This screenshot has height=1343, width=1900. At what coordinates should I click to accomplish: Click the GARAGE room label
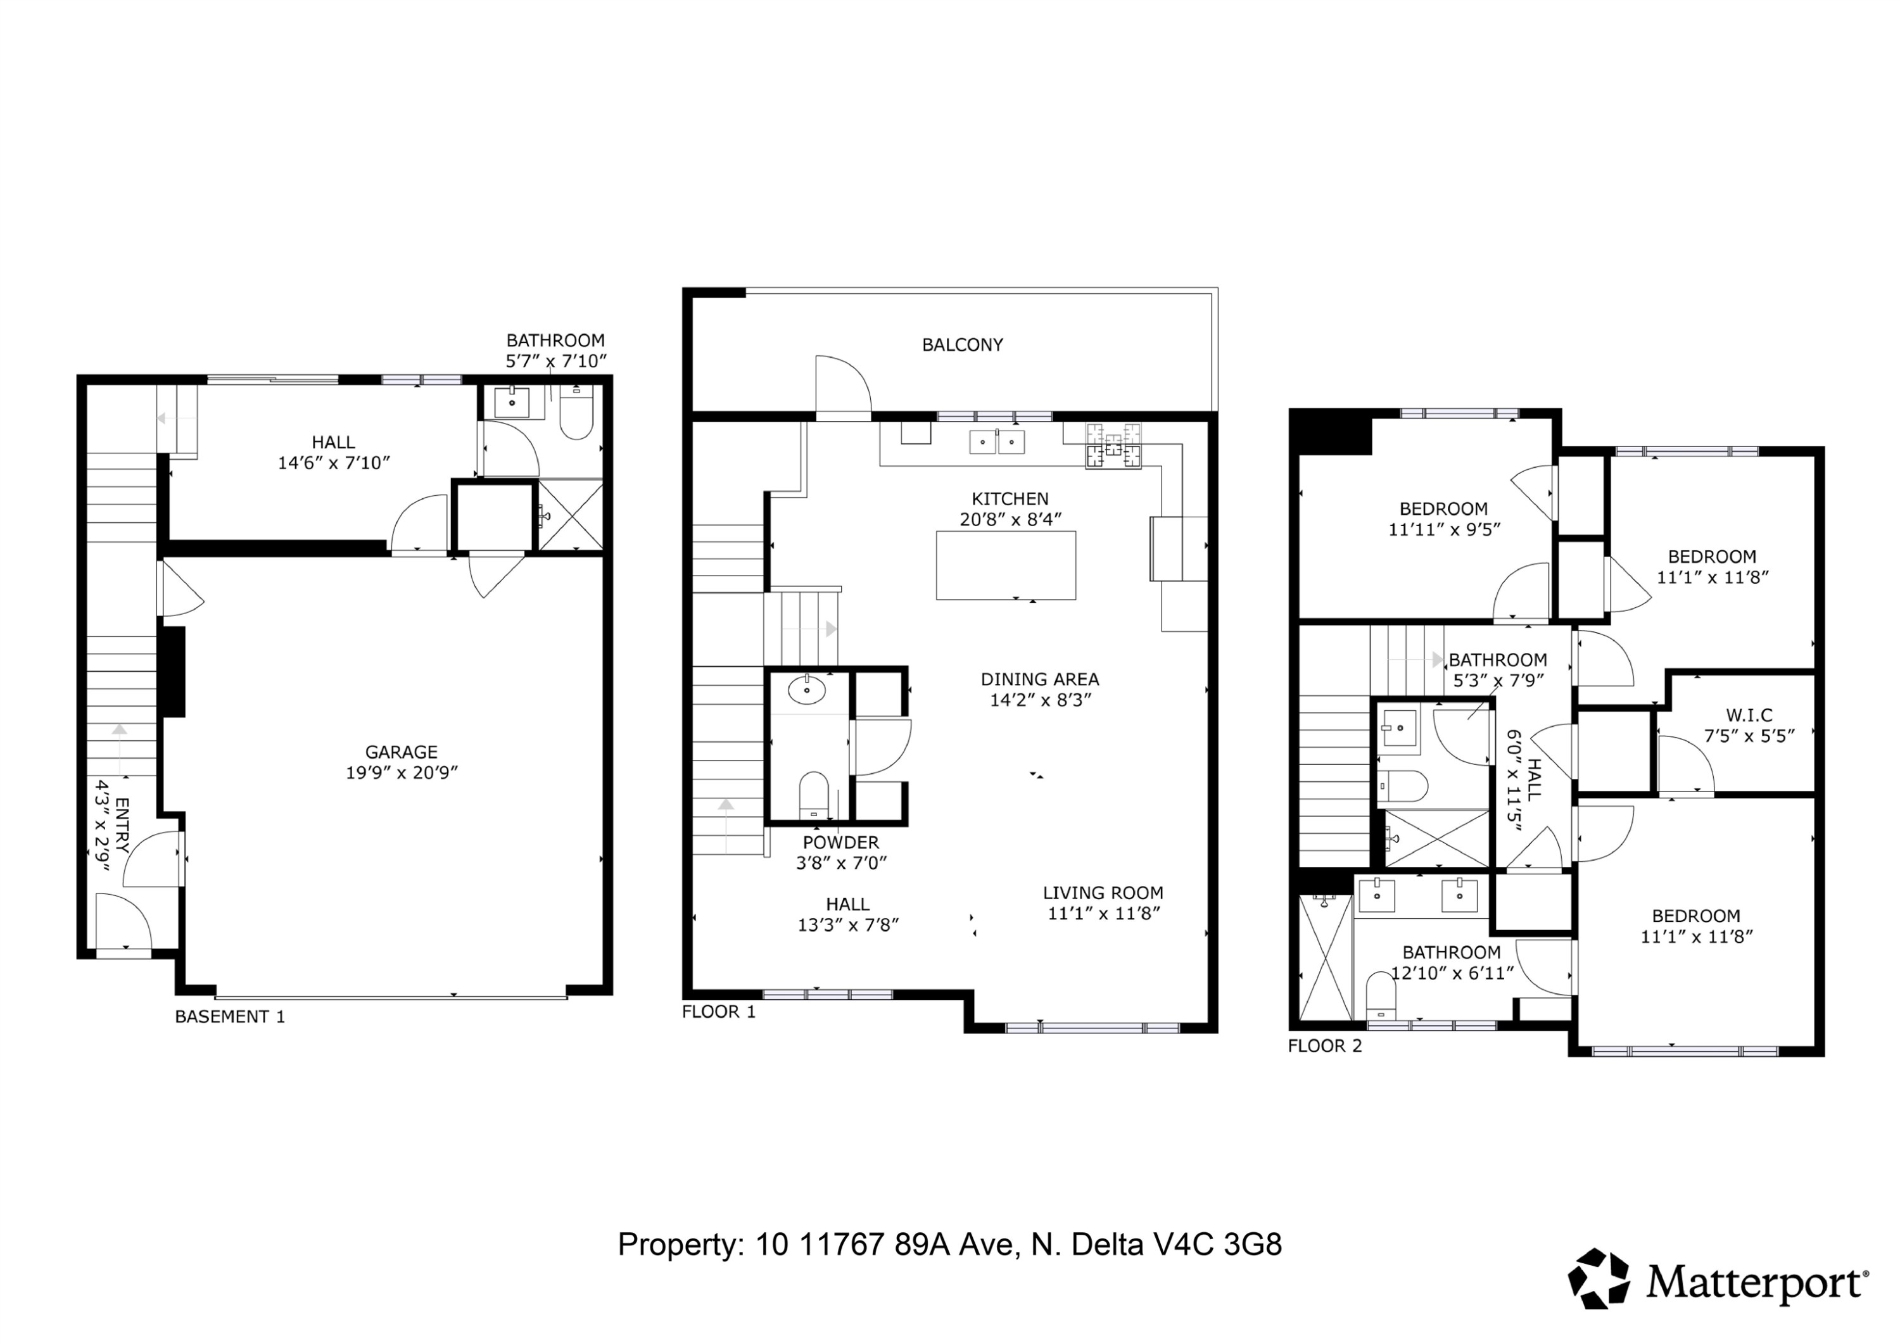pyautogui.click(x=402, y=752)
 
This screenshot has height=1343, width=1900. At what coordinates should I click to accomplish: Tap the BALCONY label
pyautogui.click(x=963, y=345)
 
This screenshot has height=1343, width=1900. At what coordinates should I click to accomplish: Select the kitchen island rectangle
pyautogui.click(x=1006, y=565)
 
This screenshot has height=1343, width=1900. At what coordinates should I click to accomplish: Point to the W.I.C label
pyautogui.click(x=1749, y=715)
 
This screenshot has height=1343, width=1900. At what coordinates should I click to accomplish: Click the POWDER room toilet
pyautogui.click(x=813, y=795)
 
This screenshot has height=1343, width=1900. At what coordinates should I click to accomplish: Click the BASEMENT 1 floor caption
pyautogui.click(x=230, y=1017)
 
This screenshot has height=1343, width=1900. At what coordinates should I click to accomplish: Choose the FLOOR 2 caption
pyautogui.click(x=1325, y=1046)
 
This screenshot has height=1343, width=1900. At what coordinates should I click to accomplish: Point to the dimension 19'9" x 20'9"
pyautogui.click(x=402, y=773)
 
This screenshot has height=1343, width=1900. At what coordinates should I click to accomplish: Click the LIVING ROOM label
pyautogui.click(x=1103, y=893)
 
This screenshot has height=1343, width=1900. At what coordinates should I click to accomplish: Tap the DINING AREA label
pyautogui.click(x=1040, y=679)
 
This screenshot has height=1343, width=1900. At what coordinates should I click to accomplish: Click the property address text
pyautogui.click(x=950, y=1244)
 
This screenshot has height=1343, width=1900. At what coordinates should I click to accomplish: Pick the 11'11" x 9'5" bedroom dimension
pyautogui.click(x=1444, y=529)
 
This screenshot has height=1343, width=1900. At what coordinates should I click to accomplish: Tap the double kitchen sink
pyautogui.click(x=997, y=442)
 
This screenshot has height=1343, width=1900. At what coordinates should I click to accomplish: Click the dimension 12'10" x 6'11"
pyautogui.click(x=1452, y=973)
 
